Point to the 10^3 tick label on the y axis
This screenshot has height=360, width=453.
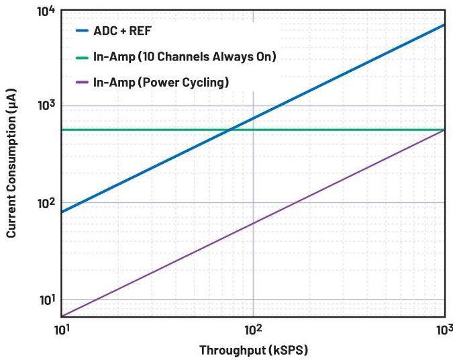46,106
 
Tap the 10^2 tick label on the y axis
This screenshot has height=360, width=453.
46,203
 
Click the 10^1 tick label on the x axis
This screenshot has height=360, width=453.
61,329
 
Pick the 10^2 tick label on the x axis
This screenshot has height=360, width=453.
253,329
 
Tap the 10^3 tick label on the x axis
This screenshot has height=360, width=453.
444,329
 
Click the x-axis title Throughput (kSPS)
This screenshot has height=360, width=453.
253,350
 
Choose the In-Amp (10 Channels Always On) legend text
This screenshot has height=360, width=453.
185,57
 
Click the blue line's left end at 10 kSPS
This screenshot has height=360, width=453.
62,212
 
